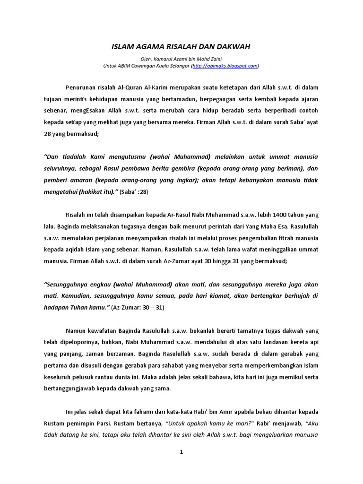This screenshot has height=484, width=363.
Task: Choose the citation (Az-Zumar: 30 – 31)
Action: click(140, 308)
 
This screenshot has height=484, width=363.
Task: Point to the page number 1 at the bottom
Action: click(181, 452)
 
